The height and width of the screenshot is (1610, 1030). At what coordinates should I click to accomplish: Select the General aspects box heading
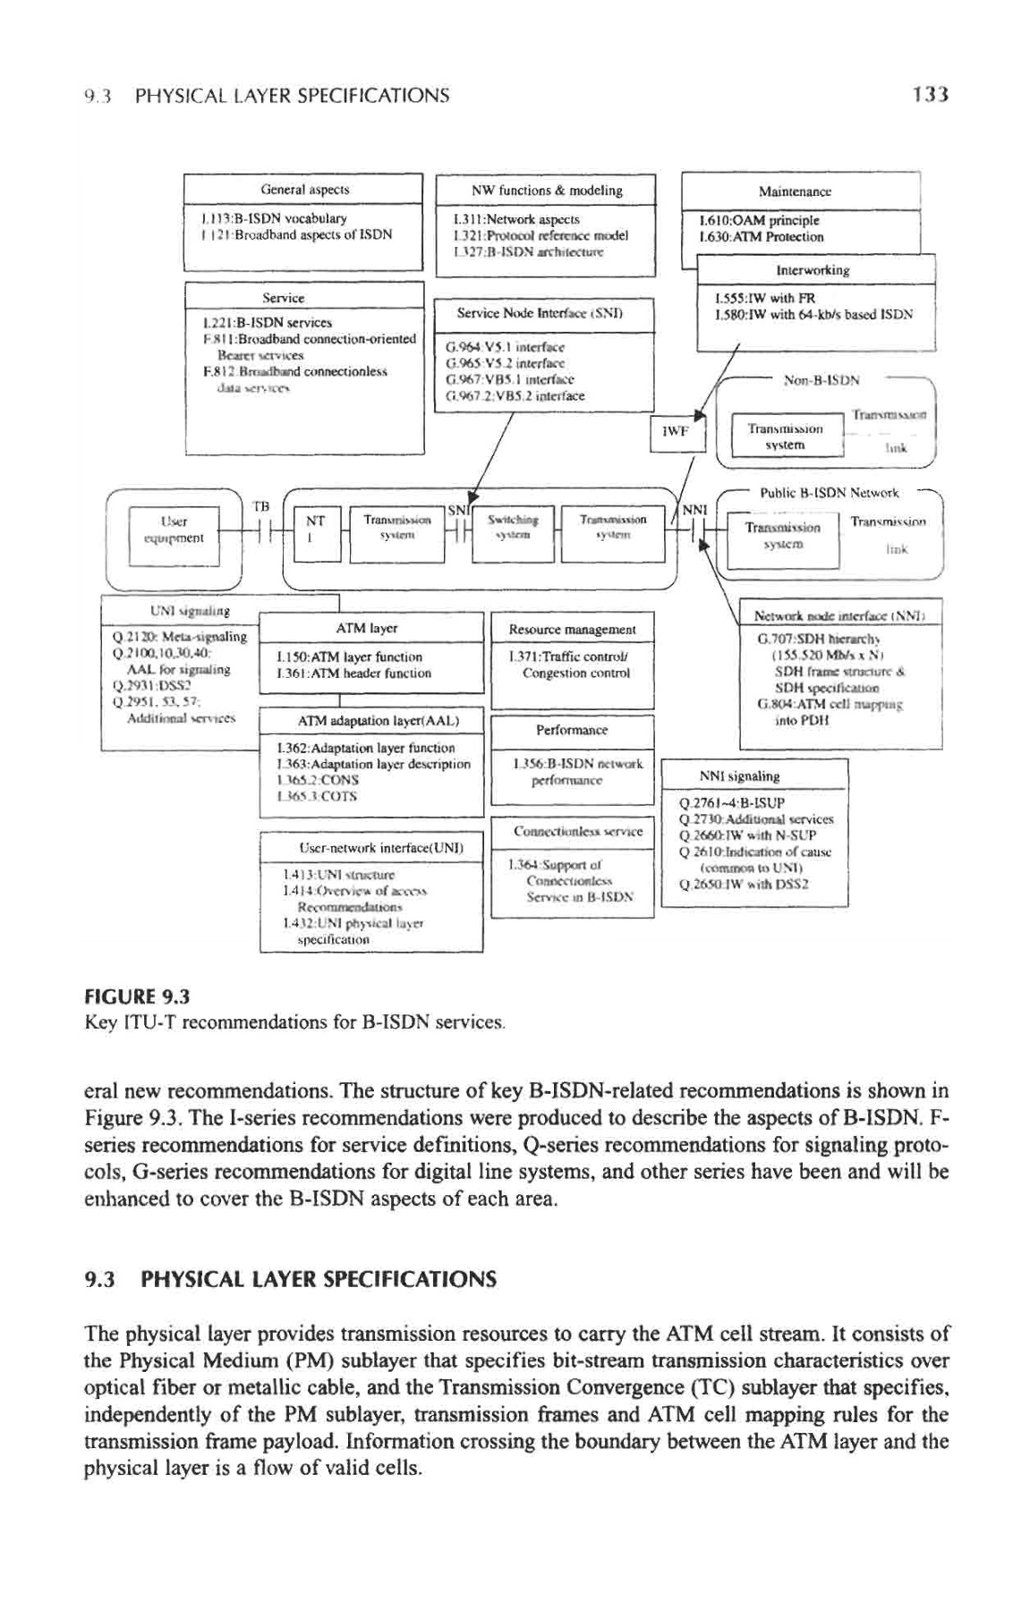pyautogui.click(x=304, y=190)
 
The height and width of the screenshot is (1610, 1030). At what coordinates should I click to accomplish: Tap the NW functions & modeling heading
pyautogui.click(x=547, y=190)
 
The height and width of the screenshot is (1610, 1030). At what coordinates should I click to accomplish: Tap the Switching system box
pyautogui.click(x=513, y=528)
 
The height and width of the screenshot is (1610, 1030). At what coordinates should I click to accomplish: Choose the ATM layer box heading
pyautogui.click(x=372, y=628)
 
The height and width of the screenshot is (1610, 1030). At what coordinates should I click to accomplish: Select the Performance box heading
pyautogui.click(x=571, y=730)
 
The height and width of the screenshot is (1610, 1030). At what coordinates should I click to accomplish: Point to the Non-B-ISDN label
pyautogui.click(x=821, y=379)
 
